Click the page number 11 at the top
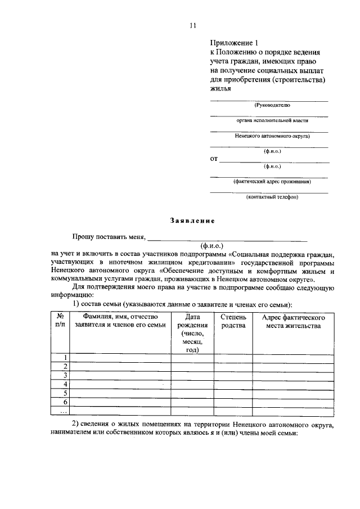click(192, 25)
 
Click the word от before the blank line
click(214, 159)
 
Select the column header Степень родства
click(233, 322)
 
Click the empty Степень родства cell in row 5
click(233, 393)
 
